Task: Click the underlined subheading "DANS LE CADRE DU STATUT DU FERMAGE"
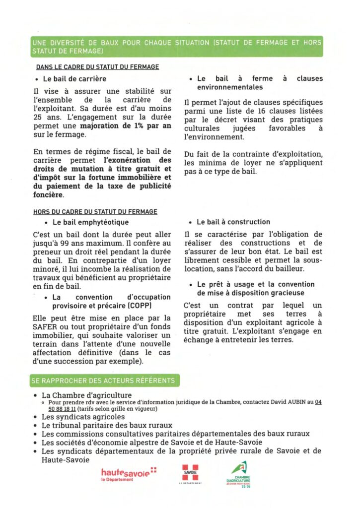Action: click(x=97, y=67)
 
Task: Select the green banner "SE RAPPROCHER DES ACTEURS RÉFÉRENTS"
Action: click(x=103, y=381)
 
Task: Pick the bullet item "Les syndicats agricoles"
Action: click(x=83, y=417)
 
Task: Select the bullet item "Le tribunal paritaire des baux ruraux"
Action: click(x=107, y=426)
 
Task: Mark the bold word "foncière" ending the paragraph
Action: click(x=48, y=194)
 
